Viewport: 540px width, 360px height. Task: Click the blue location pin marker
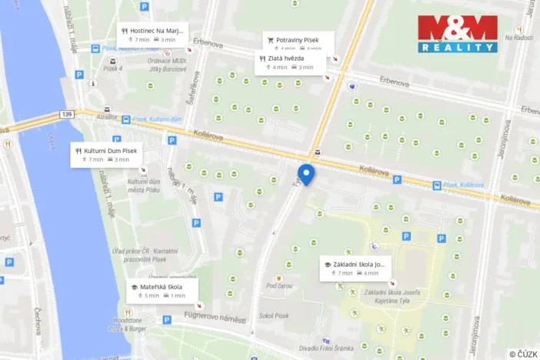coord(306,174)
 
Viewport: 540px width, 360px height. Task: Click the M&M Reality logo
coord(458,33)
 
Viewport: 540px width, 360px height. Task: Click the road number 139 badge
coord(68,115)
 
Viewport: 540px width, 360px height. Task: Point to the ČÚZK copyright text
coord(523,354)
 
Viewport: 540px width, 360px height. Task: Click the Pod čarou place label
coord(278,286)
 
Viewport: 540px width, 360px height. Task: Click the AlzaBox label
coord(108,118)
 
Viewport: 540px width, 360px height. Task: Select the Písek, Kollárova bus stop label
coord(464,185)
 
